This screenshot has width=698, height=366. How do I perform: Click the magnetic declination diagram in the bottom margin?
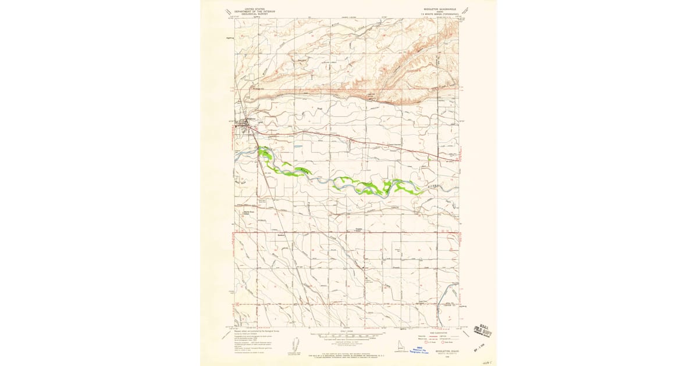click(x=294, y=343)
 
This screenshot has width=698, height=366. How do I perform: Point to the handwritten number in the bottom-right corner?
click(x=487, y=360)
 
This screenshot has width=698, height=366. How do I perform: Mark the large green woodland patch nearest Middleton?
click(x=268, y=152)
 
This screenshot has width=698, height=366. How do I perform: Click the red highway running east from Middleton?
click(x=349, y=139)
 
